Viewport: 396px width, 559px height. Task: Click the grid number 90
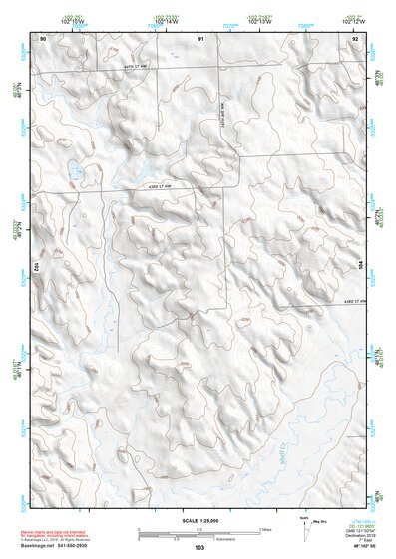tap(42, 37)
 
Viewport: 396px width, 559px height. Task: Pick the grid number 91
tap(200, 37)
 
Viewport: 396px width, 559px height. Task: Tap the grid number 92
tap(355, 37)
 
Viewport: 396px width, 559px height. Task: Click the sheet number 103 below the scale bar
tap(199, 548)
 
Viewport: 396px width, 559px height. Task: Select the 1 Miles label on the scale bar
tap(264, 528)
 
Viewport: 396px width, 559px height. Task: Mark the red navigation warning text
tap(65, 529)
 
